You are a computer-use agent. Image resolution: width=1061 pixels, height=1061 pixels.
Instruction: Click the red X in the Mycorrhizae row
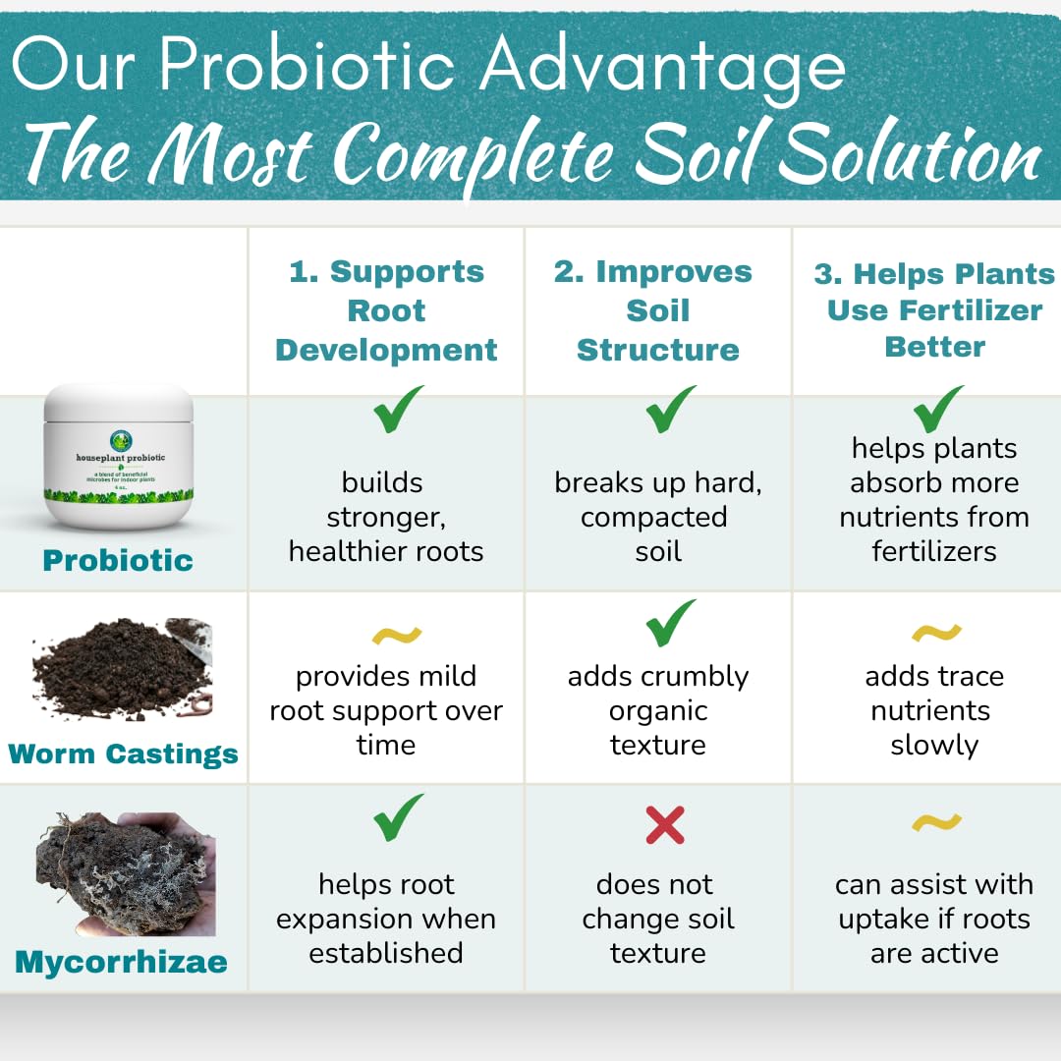click(x=665, y=825)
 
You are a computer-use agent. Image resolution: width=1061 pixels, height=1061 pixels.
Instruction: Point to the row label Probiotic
click(x=117, y=560)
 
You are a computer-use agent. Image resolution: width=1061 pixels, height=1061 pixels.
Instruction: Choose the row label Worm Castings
click(x=123, y=754)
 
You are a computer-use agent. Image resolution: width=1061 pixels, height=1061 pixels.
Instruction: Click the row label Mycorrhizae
click(x=121, y=961)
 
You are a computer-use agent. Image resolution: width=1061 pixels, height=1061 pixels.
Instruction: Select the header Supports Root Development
click(x=386, y=310)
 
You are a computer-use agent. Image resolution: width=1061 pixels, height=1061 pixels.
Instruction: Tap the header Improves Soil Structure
click(x=657, y=310)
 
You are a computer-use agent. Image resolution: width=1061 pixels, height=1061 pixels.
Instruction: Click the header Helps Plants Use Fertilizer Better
click(x=933, y=309)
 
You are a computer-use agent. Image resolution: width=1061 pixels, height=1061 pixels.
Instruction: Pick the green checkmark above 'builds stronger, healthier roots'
click(x=397, y=411)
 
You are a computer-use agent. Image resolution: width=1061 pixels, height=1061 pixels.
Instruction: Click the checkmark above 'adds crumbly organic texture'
click(x=671, y=624)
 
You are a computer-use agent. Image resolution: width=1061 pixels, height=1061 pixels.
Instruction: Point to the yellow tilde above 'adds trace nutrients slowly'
click(x=935, y=633)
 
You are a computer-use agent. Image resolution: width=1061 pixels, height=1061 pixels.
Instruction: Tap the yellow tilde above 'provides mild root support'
click(x=397, y=637)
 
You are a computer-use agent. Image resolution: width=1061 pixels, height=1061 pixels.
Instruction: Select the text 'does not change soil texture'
click(x=657, y=919)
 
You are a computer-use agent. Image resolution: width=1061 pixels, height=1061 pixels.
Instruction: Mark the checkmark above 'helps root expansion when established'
click(x=397, y=817)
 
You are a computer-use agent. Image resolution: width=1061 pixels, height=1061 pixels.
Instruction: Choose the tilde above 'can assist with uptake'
click(x=935, y=821)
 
